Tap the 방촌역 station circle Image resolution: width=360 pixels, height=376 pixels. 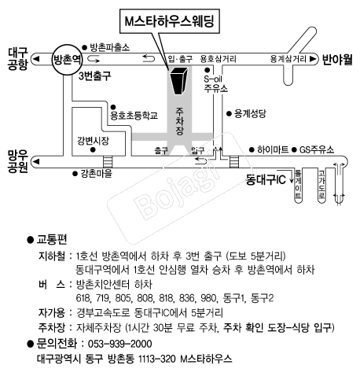coord(67,59)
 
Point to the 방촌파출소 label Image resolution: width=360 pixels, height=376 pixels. coord(110,46)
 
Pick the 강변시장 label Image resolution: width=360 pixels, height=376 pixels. coord(93,141)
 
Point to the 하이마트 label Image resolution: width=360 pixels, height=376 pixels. coord(272,149)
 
